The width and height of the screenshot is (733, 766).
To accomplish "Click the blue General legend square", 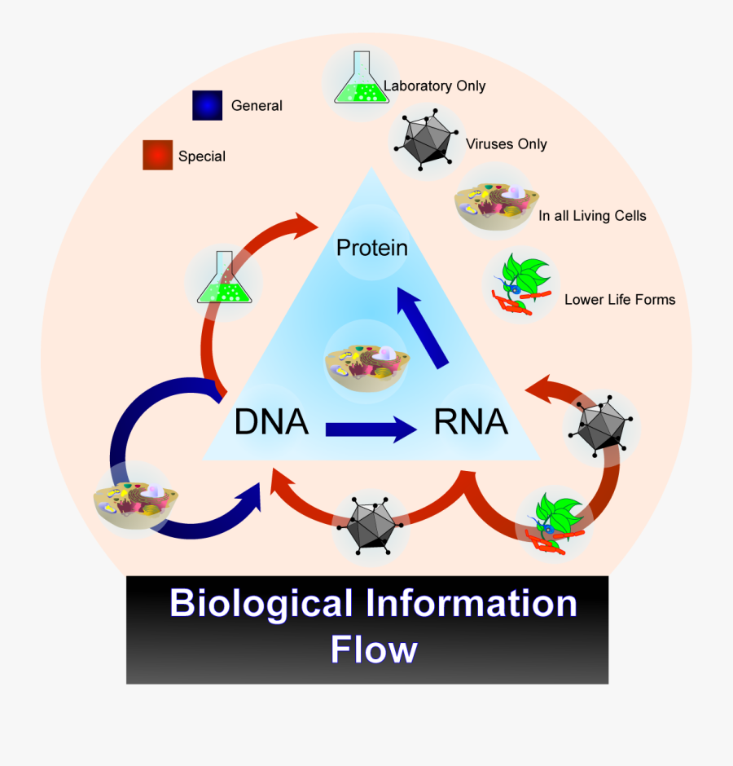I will (207, 105).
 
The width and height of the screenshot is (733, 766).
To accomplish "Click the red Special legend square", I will (157, 155).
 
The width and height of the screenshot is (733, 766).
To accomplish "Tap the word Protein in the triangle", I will (372, 247).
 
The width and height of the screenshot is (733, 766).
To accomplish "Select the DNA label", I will (271, 422).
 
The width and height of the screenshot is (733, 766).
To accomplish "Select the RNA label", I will (471, 422).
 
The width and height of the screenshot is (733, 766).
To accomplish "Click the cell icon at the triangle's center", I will (366, 363).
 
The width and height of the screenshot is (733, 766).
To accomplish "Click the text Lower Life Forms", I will (620, 299).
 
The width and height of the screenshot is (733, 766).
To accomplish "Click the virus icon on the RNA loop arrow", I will (602, 426).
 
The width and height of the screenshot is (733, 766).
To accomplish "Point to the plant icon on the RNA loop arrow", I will (556, 522).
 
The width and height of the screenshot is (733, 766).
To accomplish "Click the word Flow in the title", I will (374, 649).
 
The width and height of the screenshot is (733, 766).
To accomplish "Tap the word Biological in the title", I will (261, 604).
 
